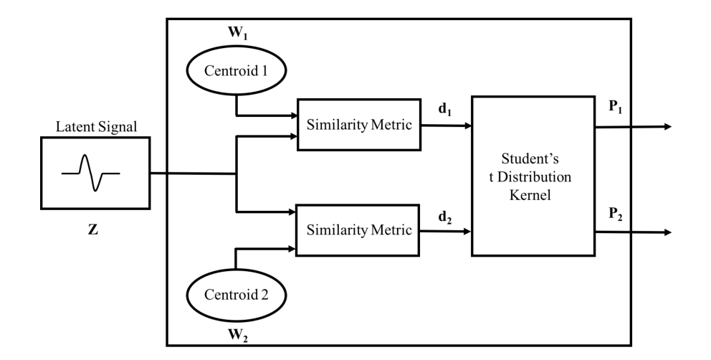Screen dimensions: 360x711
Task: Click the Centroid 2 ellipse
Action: click(x=236, y=295)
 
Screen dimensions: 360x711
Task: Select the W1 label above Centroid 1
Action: click(x=236, y=34)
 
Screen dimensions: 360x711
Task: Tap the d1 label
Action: click(x=444, y=110)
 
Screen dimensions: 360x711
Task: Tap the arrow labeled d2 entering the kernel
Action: click(x=447, y=231)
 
